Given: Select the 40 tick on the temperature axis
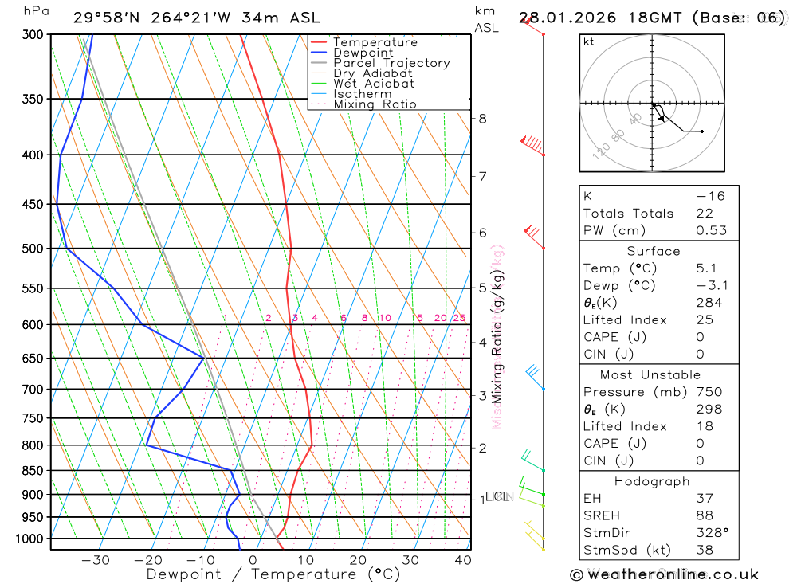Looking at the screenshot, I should [x=463, y=560].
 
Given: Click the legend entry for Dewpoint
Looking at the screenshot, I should [x=363, y=53].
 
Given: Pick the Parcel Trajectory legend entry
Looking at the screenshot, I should [x=391, y=63].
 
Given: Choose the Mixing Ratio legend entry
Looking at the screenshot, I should [x=375, y=104].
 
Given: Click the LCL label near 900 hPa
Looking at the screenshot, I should [x=497, y=497].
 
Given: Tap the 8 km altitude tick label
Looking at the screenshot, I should [x=482, y=119].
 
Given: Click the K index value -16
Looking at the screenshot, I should [x=710, y=196].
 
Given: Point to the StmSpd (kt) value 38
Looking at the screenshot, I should [x=705, y=550].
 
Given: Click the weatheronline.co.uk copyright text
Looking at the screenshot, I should [x=665, y=574].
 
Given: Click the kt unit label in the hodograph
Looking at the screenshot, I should [x=589, y=42].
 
